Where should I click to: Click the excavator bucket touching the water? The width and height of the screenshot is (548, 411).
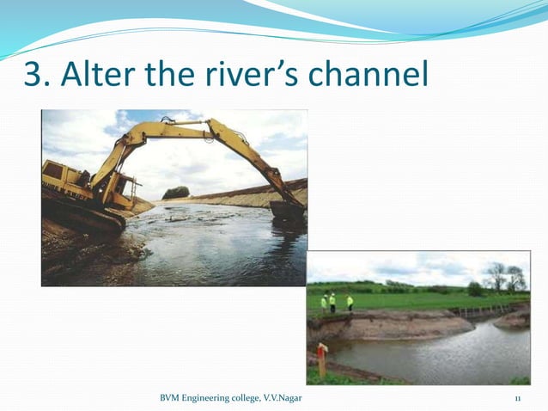click(x=286, y=210)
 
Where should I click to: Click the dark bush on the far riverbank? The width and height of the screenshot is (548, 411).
click(x=176, y=193)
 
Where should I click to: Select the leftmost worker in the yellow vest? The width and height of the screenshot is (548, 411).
click(x=324, y=303)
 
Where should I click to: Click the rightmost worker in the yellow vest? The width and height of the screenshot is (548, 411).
click(x=350, y=303)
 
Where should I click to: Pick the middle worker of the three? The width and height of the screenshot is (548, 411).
click(x=332, y=302)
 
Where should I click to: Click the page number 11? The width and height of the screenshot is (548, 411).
click(x=518, y=398)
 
